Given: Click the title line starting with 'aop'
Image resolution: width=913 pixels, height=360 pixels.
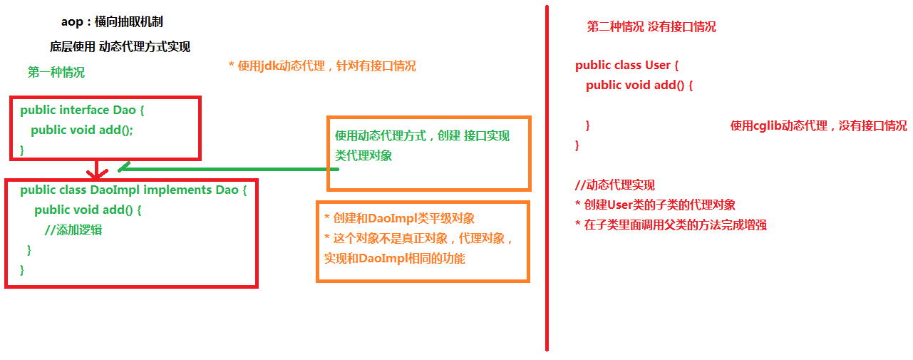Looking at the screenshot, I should (x=112, y=22).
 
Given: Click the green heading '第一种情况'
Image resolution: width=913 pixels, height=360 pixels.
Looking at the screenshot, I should (x=56, y=73).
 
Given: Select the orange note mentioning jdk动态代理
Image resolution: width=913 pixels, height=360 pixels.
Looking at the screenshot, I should (x=322, y=66).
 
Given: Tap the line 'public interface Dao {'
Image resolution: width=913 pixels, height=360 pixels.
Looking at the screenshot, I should (x=83, y=110).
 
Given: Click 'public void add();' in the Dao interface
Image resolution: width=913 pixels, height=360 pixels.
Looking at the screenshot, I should (x=82, y=130).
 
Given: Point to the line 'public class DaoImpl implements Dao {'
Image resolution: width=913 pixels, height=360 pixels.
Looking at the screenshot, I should (x=133, y=190).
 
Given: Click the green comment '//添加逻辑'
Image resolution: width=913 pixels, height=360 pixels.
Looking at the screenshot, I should (x=73, y=230).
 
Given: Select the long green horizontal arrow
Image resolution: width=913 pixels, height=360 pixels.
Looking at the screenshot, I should (x=228, y=169).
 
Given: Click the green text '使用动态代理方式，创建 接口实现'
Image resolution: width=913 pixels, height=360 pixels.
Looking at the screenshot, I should (x=422, y=136).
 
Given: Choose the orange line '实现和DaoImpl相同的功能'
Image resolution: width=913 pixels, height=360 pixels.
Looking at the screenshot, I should (x=394, y=259).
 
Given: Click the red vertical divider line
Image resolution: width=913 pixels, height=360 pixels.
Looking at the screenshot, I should (x=547, y=178).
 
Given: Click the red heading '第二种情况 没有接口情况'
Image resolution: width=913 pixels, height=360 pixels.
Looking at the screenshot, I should (x=651, y=27).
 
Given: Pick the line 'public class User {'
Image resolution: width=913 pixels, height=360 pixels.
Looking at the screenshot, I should (x=626, y=66).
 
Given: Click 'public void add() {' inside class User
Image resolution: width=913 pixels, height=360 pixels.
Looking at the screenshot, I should (x=639, y=86).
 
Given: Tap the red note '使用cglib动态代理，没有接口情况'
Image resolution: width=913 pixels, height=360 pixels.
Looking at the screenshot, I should (x=818, y=126).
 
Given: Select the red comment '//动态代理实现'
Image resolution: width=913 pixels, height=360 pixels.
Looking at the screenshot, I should (x=614, y=185).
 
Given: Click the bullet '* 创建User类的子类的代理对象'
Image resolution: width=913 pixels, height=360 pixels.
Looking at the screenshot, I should (x=655, y=205).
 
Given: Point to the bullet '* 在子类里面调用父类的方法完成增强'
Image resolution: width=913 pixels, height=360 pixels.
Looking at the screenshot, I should (x=671, y=225).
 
